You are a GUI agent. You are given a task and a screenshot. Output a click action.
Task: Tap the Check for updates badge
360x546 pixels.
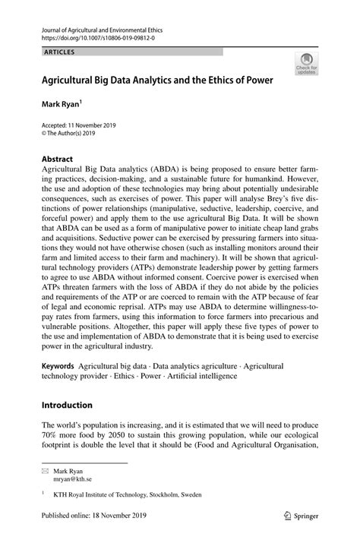point(307,65)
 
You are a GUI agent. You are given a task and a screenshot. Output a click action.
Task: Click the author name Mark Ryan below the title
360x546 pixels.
point(62,101)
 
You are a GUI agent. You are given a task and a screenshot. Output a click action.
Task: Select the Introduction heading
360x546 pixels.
point(67,405)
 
